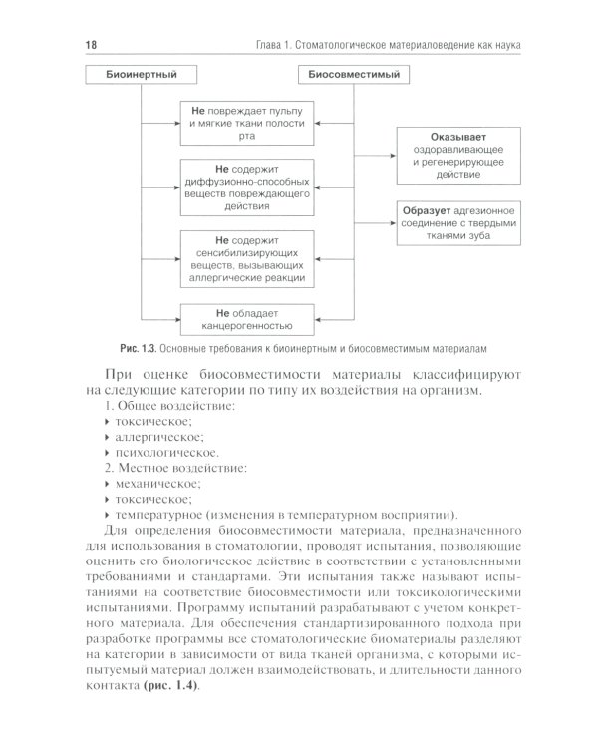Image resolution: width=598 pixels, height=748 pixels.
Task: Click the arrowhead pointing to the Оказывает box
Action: point(390,156)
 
